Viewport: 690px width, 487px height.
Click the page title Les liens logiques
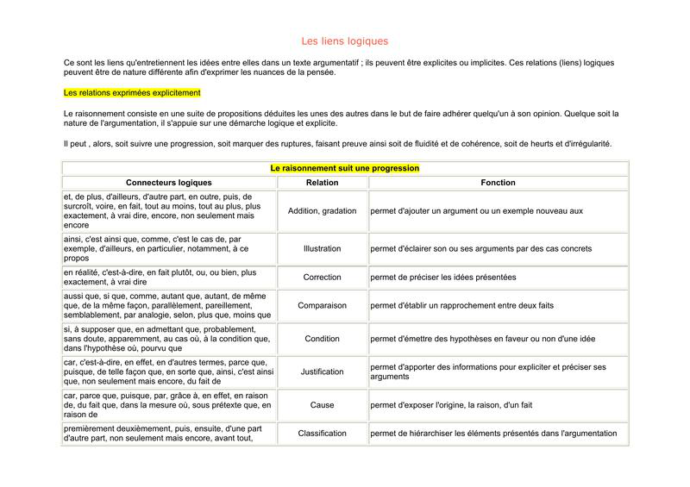point(345,41)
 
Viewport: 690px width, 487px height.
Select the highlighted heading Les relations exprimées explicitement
point(132,92)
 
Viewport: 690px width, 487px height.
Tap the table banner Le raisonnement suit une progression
point(345,169)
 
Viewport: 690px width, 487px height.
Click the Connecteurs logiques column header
point(168,183)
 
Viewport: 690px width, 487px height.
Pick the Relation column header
point(322,183)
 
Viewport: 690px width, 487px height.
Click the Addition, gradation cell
point(322,210)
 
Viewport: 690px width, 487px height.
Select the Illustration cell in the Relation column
point(322,248)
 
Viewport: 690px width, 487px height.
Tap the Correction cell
point(322,278)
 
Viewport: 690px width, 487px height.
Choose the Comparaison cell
point(322,305)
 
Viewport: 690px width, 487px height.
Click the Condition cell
point(322,338)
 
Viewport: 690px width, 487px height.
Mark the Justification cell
point(322,371)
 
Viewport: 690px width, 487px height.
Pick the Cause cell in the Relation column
point(322,404)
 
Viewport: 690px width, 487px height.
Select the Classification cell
point(322,433)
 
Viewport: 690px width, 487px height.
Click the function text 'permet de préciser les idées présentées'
point(443,278)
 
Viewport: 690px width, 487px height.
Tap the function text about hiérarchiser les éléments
point(493,433)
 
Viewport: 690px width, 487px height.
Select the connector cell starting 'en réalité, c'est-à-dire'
point(160,278)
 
